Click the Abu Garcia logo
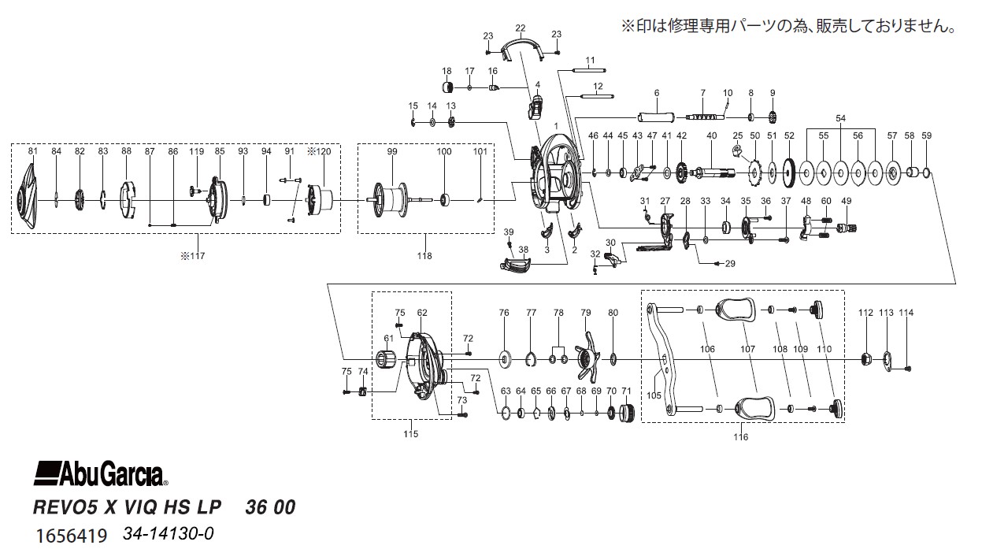pyautogui.click(x=101, y=474)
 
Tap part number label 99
pyautogui.click(x=392, y=151)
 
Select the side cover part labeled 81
pyautogui.click(x=28, y=198)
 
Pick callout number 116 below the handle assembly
pyautogui.click(x=741, y=436)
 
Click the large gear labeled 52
pyautogui.click(x=789, y=173)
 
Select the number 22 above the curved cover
pyautogui.click(x=521, y=28)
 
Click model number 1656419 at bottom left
pyautogui.click(x=72, y=536)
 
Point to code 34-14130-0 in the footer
pyautogui.click(x=169, y=534)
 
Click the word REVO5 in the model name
pyautogui.click(x=65, y=507)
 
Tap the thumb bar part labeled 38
pyautogui.click(x=516, y=265)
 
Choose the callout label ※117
pyautogui.click(x=193, y=256)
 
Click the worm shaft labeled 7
pyautogui.click(x=702, y=117)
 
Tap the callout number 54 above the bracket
pyautogui.click(x=840, y=118)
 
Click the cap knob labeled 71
pyautogui.click(x=627, y=413)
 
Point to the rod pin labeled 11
pyautogui.click(x=590, y=70)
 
